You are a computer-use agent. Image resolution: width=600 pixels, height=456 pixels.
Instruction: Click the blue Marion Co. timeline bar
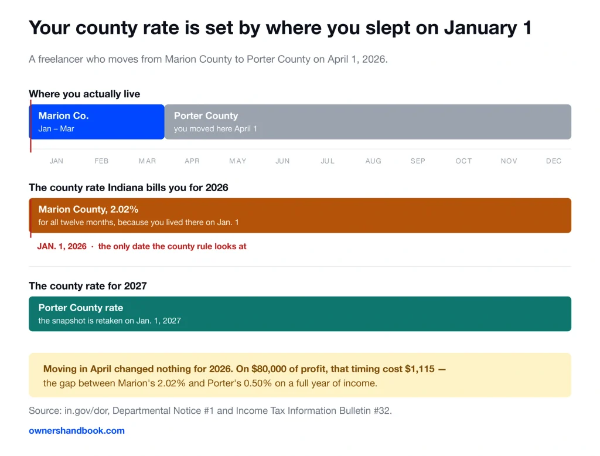pos(97,122)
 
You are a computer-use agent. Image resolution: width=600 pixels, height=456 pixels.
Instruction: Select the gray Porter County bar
pos(368,122)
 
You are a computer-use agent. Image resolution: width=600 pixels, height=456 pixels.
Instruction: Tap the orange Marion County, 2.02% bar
pos(300,216)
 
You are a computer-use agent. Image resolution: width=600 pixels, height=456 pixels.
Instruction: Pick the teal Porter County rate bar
pos(300,314)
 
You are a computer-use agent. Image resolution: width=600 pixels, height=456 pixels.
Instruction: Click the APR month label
pos(192,161)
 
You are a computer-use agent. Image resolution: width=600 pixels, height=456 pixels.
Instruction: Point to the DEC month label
pos(554,161)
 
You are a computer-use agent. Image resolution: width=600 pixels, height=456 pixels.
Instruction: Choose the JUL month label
pos(328,161)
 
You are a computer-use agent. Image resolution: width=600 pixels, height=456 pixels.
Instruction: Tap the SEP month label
pos(418,161)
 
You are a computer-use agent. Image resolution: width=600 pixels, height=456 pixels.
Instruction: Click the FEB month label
pos(101,161)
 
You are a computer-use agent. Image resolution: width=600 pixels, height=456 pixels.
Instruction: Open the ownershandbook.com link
pos(77,431)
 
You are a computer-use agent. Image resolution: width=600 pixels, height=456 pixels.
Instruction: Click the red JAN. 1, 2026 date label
pos(62,247)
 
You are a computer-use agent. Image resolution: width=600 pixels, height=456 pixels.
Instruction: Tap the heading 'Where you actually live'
pos(84,94)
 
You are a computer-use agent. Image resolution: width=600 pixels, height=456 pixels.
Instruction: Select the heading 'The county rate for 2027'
pos(88,286)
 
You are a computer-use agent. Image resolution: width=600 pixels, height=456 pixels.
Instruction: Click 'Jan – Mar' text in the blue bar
pos(56,129)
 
